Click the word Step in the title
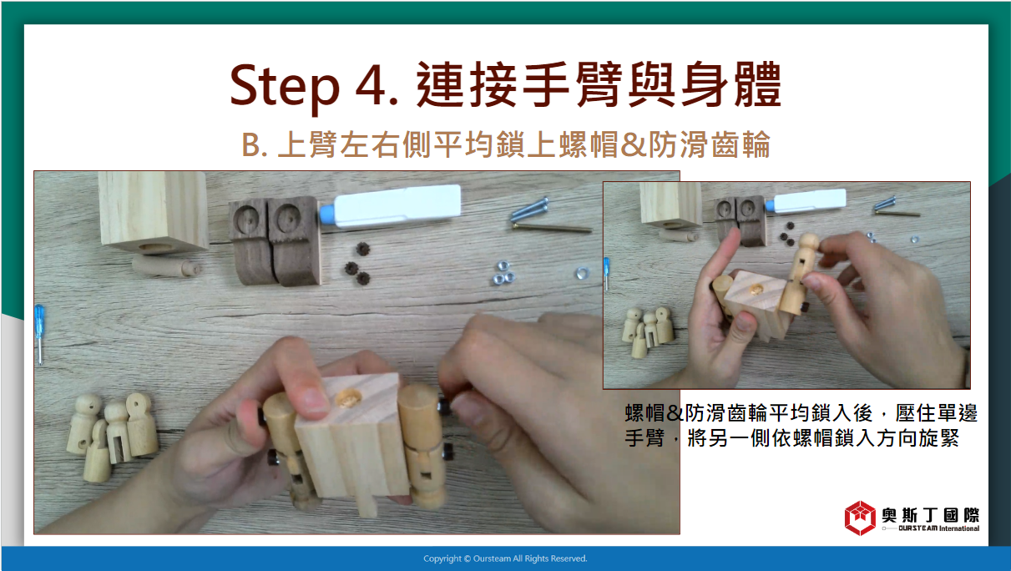point(285,86)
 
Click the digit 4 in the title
point(371,85)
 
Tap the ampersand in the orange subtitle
point(634,145)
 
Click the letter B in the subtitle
point(250,145)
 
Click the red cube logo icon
point(860,518)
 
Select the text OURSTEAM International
point(938,528)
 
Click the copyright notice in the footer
point(505,558)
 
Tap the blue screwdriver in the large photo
point(40,334)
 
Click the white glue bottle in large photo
point(391,206)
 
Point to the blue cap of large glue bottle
point(326,215)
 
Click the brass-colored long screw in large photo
point(552,228)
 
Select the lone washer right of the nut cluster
point(582,273)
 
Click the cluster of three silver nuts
point(504,273)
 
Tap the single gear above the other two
point(362,248)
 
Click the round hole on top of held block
point(347,398)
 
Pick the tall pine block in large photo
point(153,211)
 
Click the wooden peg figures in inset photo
point(648,331)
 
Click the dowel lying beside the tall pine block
point(165,266)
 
